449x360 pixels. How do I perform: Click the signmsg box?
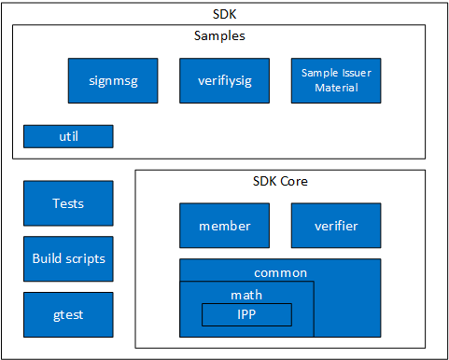point(112,80)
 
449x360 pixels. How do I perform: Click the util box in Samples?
point(68,136)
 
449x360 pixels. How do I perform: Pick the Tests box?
point(68,203)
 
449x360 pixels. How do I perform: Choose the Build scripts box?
point(68,258)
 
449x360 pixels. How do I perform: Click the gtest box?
point(68,314)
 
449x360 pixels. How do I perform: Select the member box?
point(224,226)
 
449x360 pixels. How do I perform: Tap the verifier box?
point(336,226)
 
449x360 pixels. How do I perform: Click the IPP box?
point(246,314)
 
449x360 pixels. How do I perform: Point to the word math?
point(246,294)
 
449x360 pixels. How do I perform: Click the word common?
point(280,272)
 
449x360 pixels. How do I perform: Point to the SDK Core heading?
point(280,181)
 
